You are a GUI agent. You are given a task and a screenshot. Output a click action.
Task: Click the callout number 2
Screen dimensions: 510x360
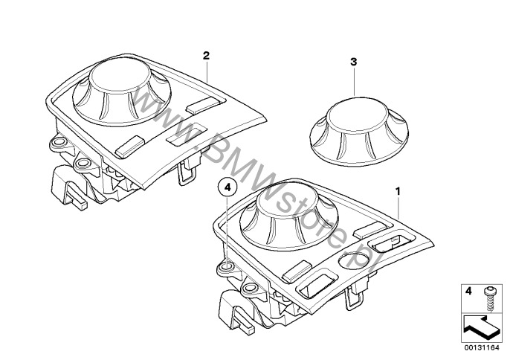click(x=206, y=56)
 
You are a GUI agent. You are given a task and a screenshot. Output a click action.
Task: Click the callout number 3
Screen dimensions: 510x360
click(x=354, y=62)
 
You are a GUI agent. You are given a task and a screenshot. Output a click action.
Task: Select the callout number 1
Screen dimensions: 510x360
click(x=398, y=191)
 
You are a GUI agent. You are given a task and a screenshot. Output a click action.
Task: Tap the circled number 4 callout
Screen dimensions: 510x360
click(x=227, y=187)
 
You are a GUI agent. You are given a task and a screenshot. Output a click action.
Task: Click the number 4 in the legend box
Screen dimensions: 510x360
click(x=468, y=291)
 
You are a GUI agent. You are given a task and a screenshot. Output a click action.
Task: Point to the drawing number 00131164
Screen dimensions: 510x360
click(x=482, y=347)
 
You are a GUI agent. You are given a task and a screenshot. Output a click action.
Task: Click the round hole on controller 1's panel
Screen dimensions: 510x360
click(x=354, y=260)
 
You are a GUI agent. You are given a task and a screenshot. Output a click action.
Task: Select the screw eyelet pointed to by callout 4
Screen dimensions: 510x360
click(x=226, y=267)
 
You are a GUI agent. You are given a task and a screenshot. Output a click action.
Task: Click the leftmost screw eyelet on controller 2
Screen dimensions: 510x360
click(x=59, y=142)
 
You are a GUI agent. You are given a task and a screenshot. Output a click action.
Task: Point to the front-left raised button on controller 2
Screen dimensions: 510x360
click(x=130, y=147)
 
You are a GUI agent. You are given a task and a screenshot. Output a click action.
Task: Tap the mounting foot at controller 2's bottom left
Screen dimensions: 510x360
click(x=68, y=187)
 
